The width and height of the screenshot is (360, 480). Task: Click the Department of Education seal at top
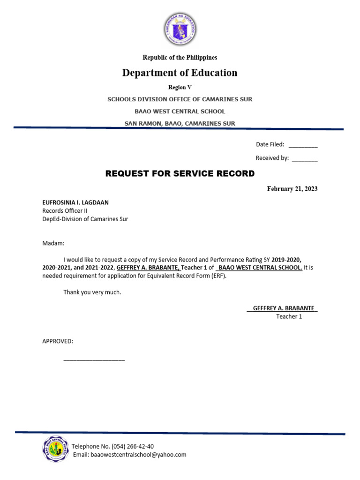click(180, 29)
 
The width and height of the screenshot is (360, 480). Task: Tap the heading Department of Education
click(180, 73)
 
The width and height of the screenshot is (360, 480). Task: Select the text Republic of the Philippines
click(180, 58)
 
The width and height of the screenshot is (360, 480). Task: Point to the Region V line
click(180, 87)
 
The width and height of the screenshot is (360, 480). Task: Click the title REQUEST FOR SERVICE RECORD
click(180, 174)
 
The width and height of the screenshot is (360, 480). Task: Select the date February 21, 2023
click(292, 189)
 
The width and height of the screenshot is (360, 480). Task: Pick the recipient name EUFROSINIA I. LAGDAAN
click(75, 202)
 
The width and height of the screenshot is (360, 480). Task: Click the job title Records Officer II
click(65, 210)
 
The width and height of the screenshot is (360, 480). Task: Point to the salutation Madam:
click(53, 243)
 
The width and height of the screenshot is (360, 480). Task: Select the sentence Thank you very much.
click(92, 292)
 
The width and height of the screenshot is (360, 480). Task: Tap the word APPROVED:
click(58, 341)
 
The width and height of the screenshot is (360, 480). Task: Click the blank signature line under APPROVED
click(94, 360)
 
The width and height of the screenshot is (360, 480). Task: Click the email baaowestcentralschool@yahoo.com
click(138, 455)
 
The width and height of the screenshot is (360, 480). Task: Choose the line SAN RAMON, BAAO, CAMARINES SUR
click(180, 123)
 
